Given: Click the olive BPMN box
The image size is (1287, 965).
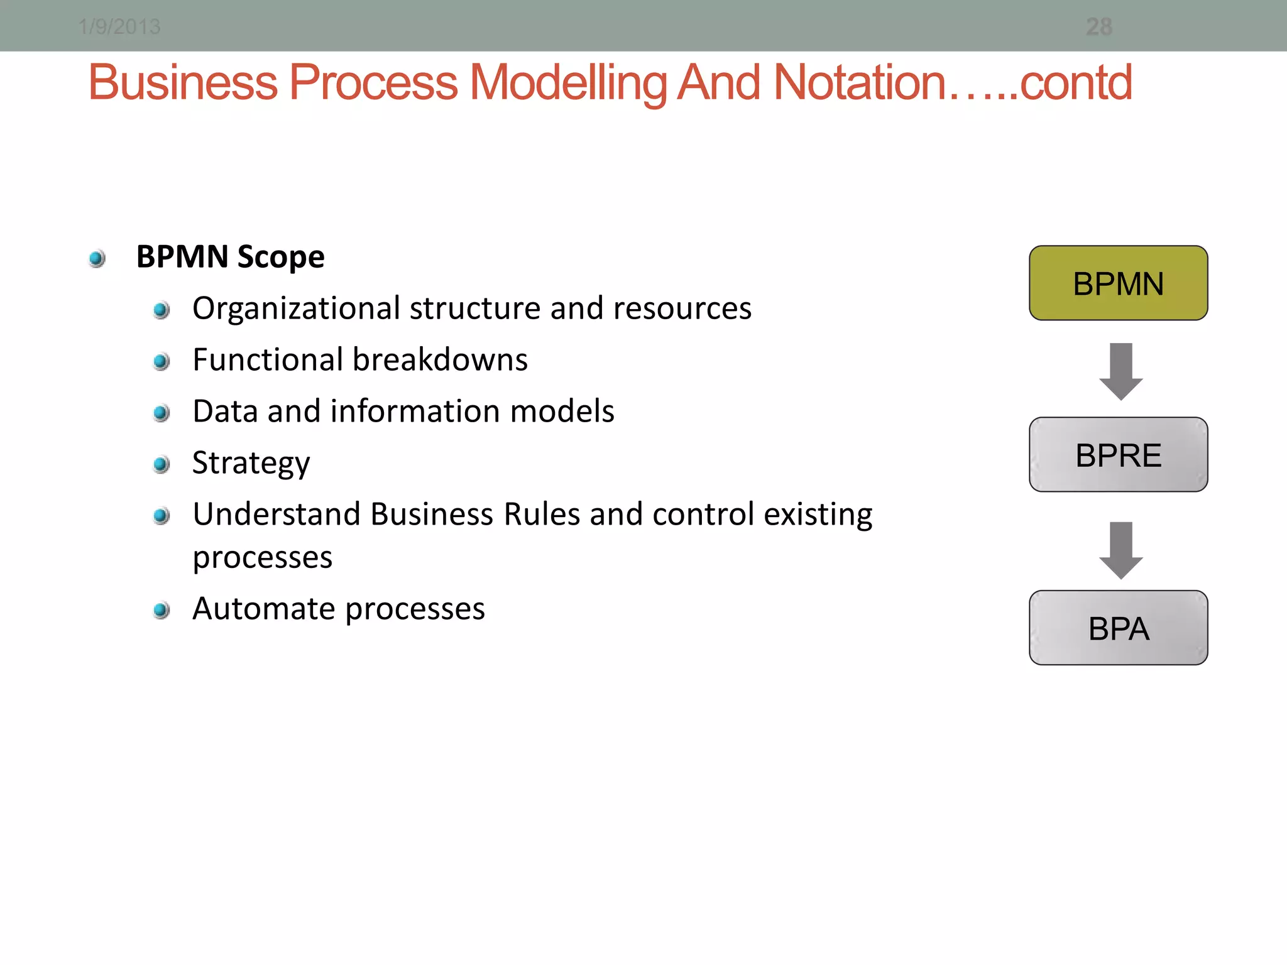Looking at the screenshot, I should [1118, 283].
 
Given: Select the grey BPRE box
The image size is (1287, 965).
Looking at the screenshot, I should [1118, 455].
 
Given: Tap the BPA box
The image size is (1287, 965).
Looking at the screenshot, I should [1118, 628].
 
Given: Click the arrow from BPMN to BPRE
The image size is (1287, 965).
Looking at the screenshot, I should [1120, 371].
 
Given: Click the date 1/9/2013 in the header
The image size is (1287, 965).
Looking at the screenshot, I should [119, 27].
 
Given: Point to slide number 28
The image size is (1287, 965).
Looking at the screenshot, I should [1098, 27].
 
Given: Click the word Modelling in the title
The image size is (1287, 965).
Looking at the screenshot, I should [569, 83].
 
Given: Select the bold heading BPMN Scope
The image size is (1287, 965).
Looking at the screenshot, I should [230, 257].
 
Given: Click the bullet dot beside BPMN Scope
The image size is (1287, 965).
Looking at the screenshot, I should [97, 258].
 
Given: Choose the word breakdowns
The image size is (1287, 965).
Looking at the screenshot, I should [440, 360].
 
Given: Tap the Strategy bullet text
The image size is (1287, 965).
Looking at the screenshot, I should [251, 464].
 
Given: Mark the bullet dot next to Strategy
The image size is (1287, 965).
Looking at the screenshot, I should [162, 464].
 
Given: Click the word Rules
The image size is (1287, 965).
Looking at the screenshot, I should [541, 515].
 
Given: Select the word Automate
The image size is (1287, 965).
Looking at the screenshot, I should [264, 609].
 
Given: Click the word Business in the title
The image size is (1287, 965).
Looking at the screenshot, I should [183, 83].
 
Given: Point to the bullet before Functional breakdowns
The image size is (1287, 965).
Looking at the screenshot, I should [162, 361].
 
